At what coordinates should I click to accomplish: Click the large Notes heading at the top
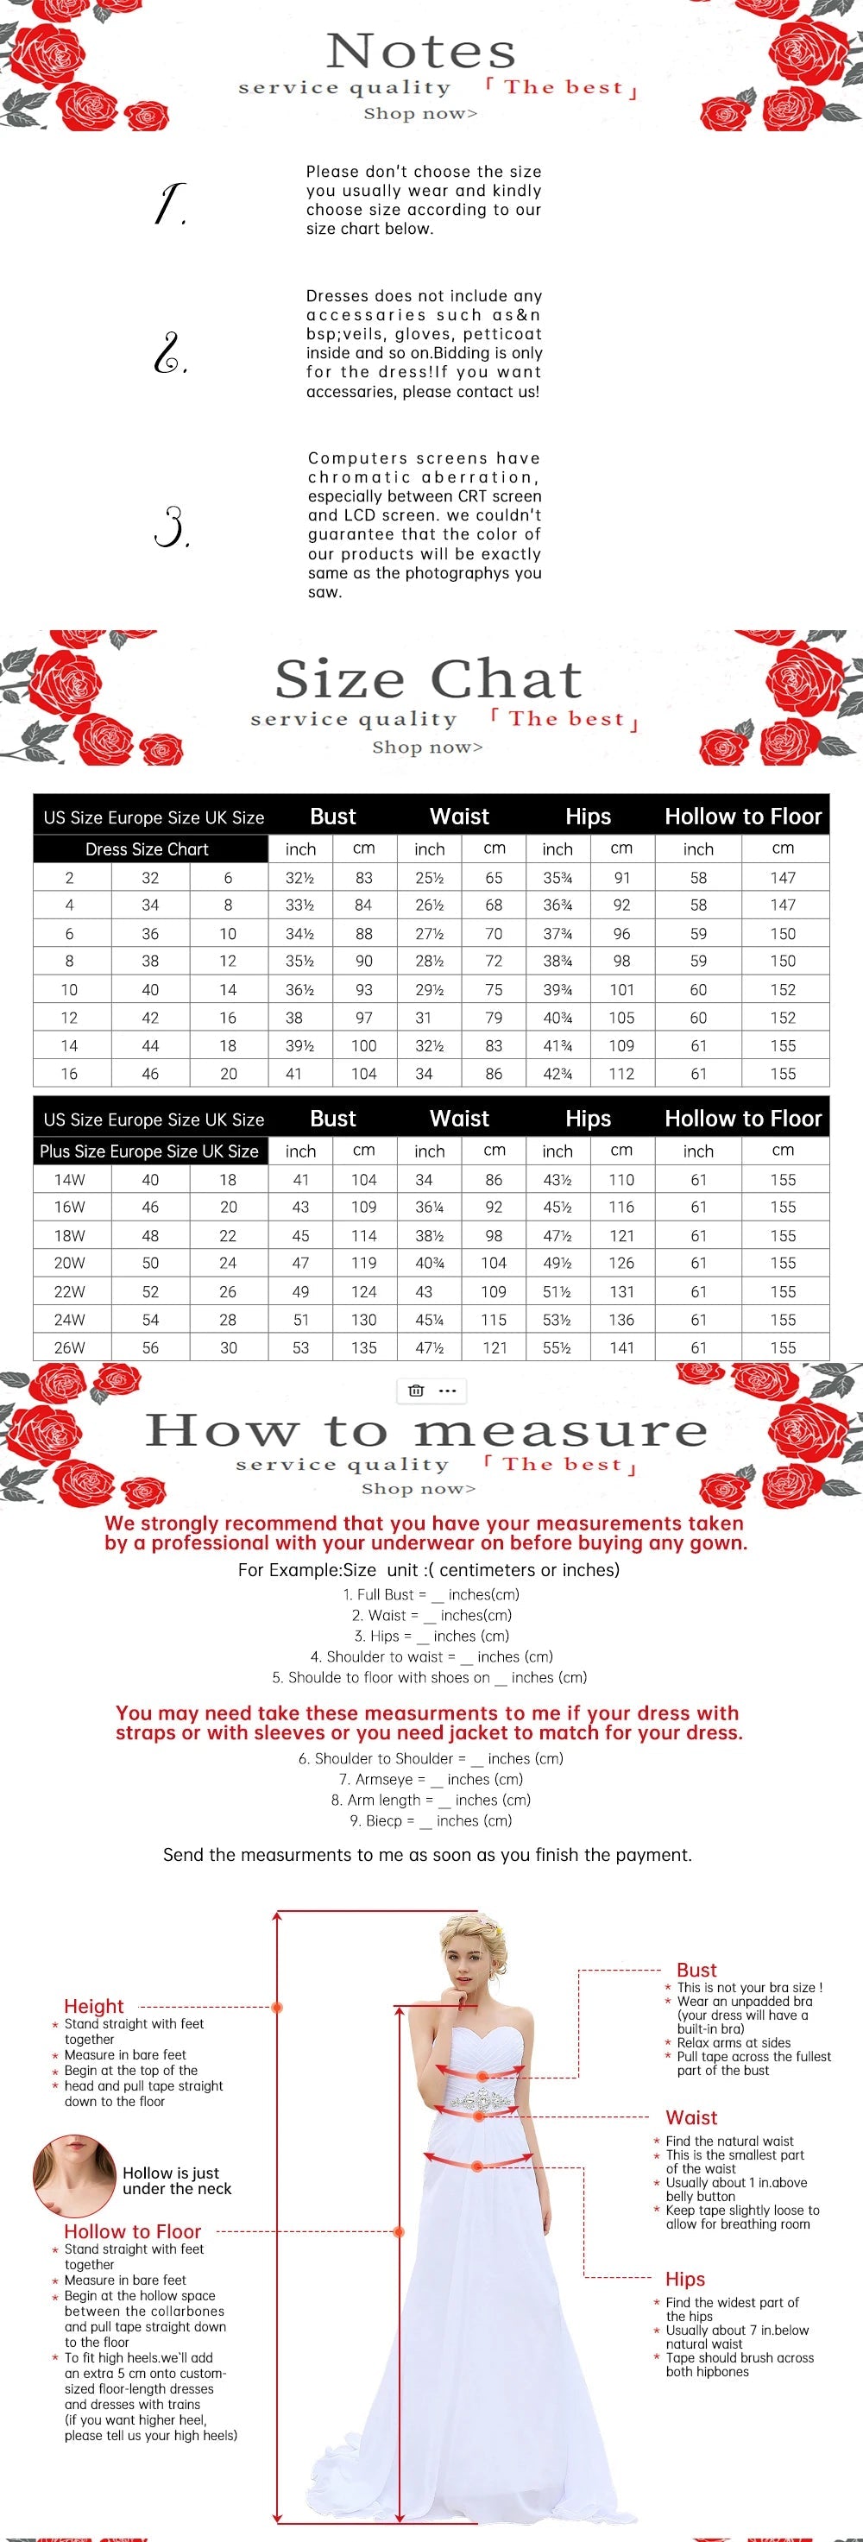tap(421, 50)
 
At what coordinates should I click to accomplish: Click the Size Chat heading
tap(428, 679)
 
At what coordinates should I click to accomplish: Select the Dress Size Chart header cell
tap(147, 848)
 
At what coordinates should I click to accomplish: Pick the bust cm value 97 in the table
tap(364, 1018)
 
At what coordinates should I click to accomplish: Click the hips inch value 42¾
tap(557, 1074)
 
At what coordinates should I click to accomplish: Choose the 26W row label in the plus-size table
tap(69, 1347)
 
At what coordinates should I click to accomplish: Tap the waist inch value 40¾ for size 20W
tap(429, 1263)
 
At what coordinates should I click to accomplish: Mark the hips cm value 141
tap(621, 1347)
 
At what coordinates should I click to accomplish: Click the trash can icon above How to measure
tap(416, 1391)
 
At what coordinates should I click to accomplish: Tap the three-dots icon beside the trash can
tap(447, 1391)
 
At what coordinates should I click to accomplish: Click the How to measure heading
tap(426, 1430)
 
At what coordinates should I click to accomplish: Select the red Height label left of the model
tap(94, 2006)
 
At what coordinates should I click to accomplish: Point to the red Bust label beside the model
tap(696, 1970)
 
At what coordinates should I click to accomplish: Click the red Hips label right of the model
tap(684, 2279)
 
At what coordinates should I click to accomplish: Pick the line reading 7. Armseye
tap(431, 1779)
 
